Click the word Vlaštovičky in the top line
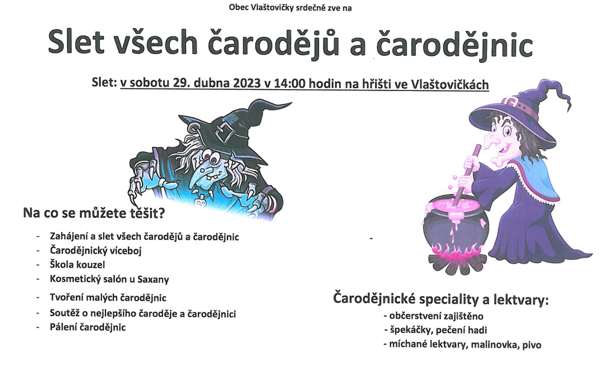(273, 8)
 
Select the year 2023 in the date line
(247, 83)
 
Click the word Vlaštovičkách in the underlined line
(450, 84)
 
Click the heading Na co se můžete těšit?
(94, 213)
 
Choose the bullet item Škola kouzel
(78, 265)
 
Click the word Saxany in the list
(153, 279)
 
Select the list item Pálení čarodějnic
(88, 327)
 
